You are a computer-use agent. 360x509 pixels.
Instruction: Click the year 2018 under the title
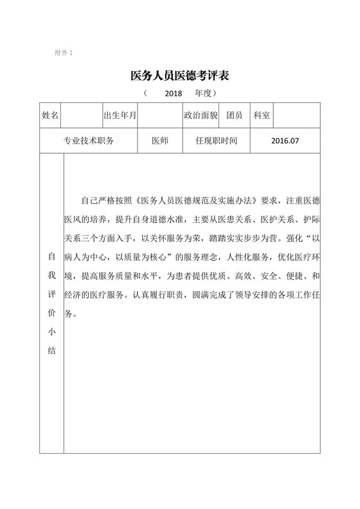174,94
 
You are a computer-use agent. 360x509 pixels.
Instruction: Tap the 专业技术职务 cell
88,141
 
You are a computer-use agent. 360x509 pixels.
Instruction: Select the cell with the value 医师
159,141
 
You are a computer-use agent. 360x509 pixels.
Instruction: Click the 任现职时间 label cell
212,141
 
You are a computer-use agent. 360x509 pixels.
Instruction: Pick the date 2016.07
285,141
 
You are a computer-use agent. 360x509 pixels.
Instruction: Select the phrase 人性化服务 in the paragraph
242,256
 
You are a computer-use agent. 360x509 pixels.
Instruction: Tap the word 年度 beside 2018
204,94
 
